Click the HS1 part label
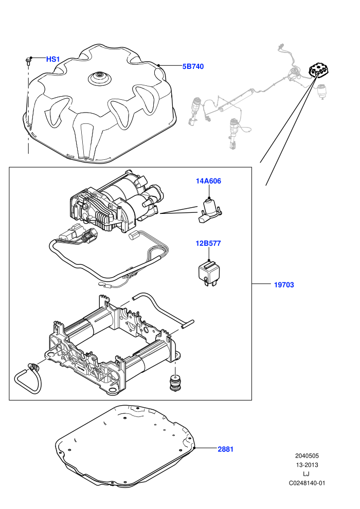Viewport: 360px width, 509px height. (x=53, y=60)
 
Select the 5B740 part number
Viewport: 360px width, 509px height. (x=193, y=66)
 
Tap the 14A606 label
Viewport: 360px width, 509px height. (x=208, y=181)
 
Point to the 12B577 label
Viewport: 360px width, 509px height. (x=208, y=243)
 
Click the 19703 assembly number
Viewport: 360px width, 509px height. (x=284, y=285)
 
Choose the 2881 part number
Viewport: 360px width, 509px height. (x=226, y=449)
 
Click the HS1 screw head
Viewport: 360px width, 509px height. (x=28, y=60)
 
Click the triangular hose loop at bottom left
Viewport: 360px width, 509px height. (x=28, y=378)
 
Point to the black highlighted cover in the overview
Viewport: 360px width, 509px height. (x=319, y=71)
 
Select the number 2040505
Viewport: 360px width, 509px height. (x=307, y=456)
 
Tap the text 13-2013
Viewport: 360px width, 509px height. (x=307, y=465)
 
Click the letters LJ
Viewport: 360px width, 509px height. (x=306, y=474)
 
